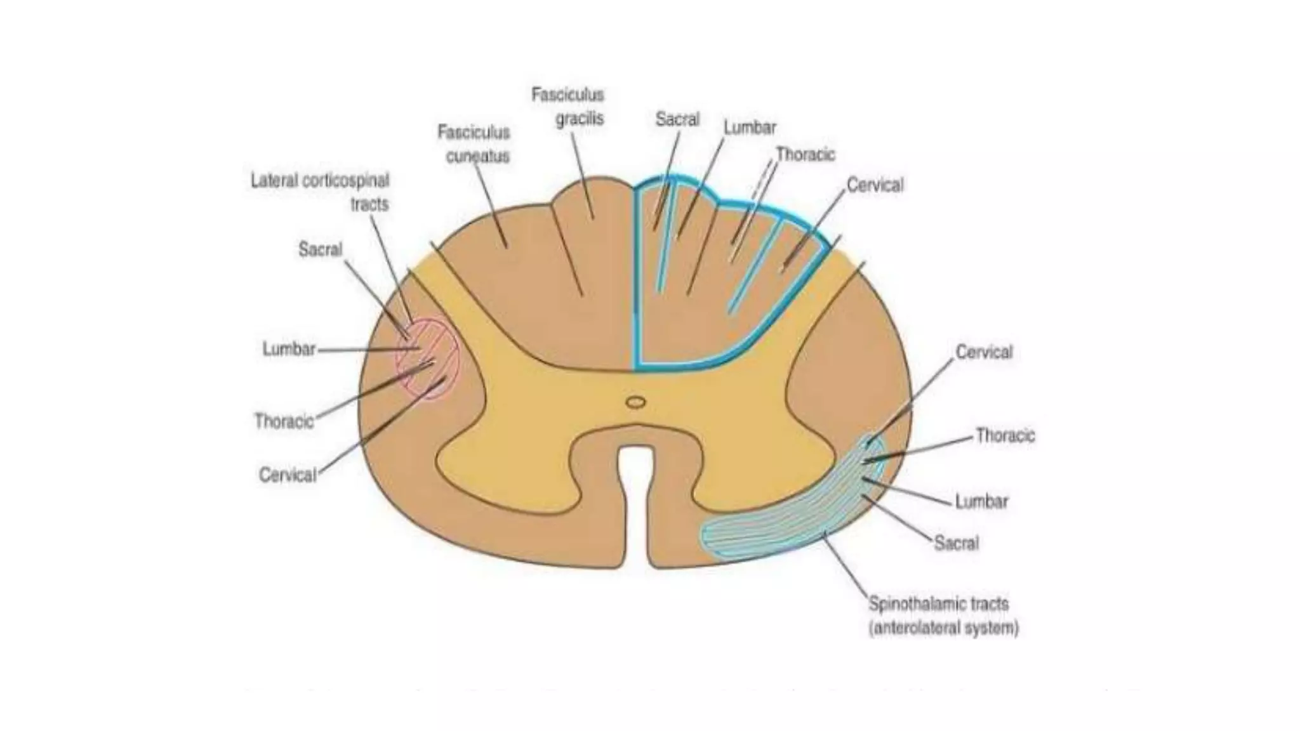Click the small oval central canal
click(x=635, y=402)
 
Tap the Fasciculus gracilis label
click(x=569, y=107)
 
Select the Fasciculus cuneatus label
click(x=475, y=144)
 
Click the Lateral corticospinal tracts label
click(x=320, y=192)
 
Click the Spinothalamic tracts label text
click(x=938, y=603)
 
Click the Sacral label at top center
click(x=677, y=119)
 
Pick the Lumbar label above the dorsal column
click(x=750, y=128)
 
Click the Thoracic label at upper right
click(x=806, y=155)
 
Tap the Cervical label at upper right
click(x=875, y=185)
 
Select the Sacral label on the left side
click(x=320, y=249)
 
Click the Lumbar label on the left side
click(x=289, y=349)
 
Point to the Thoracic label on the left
click(x=284, y=421)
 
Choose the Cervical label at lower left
click(x=287, y=475)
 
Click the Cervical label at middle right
click(x=984, y=352)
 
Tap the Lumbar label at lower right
click(x=981, y=501)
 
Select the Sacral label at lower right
click(x=956, y=543)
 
